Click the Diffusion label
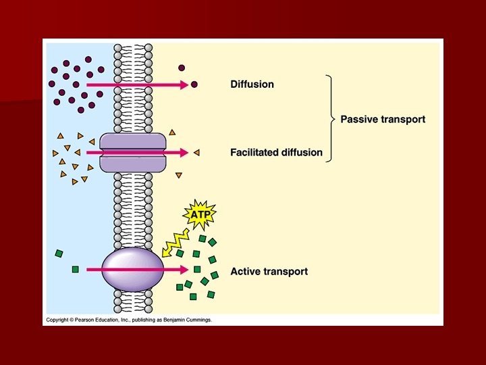point(252,84)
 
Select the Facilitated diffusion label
point(276,152)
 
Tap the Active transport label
point(269,272)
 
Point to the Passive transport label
point(382,119)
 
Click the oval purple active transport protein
point(132,269)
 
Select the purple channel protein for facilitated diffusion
point(132,152)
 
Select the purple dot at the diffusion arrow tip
point(194,84)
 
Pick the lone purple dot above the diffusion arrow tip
point(181,68)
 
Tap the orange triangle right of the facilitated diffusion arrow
point(196,153)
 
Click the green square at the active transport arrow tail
point(75,269)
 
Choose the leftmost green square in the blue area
point(59,253)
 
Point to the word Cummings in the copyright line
point(196,320)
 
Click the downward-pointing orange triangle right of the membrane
point(179,176)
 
